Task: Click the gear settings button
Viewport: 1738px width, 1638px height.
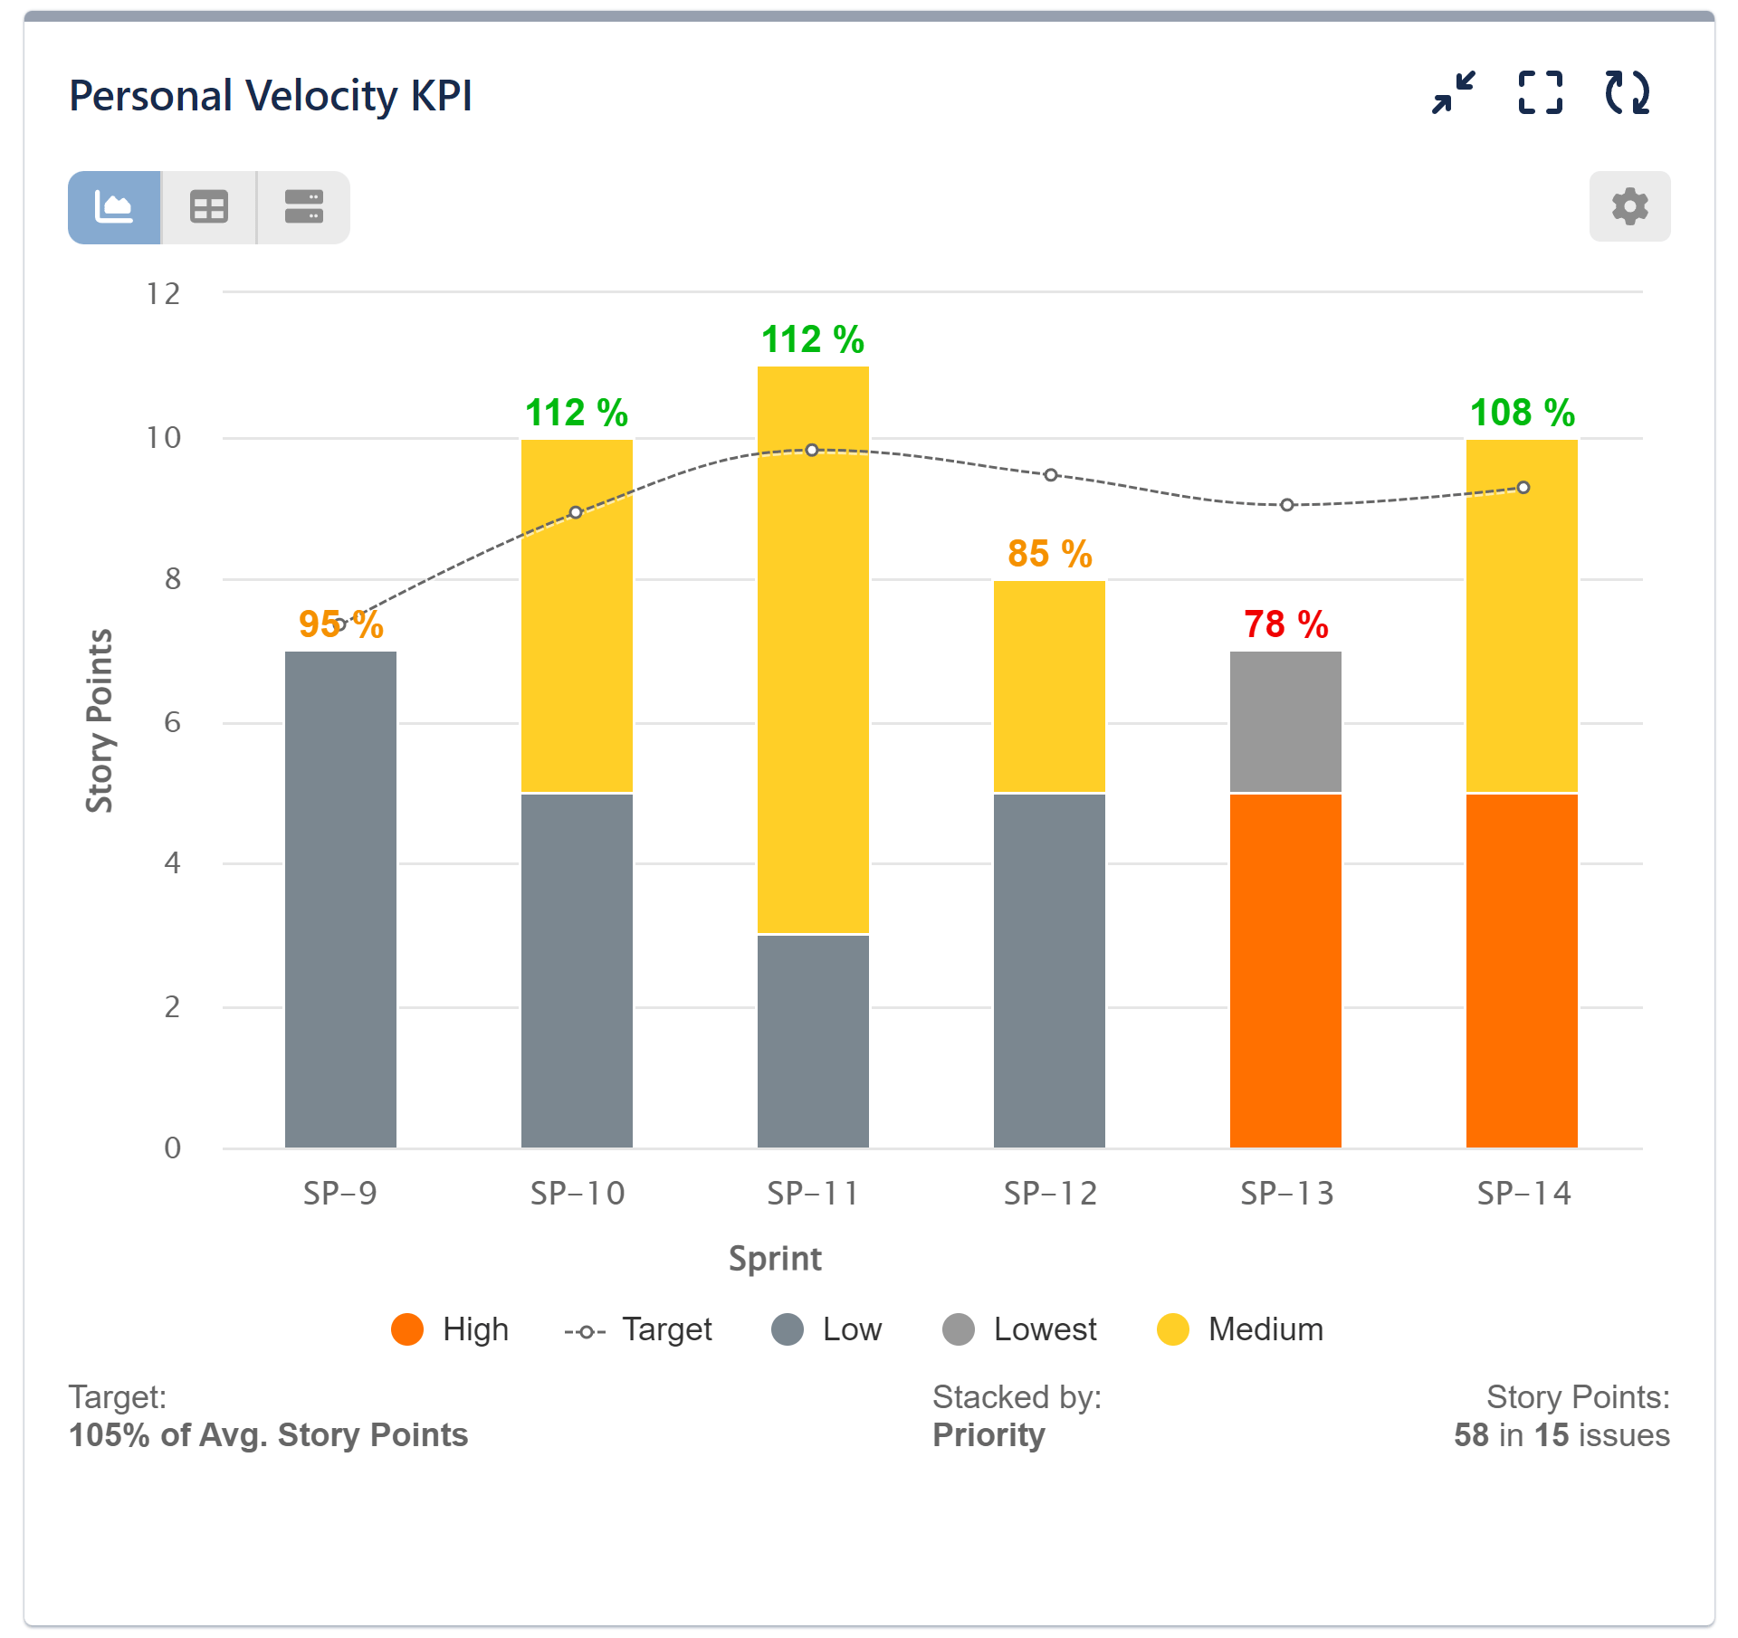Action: point(1629,206)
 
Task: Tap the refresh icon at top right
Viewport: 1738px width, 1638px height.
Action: point(1627,92)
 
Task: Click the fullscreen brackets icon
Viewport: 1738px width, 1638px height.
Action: point(1540,92)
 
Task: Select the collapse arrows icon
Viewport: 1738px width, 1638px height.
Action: point(1454,92)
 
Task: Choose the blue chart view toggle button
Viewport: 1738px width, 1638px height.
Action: point(114,207)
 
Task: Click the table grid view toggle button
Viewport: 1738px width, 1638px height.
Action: point(209,207)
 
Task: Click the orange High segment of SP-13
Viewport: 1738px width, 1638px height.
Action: point(1285,970)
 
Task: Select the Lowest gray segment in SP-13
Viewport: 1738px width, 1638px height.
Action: point(1285,721)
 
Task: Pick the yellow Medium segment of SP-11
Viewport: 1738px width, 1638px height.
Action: point(813,649)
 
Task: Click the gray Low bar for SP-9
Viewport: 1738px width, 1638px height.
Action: point(340,899)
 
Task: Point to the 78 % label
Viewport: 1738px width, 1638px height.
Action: point(1285,624)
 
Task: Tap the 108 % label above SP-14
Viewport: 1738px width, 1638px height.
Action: point(1522,413)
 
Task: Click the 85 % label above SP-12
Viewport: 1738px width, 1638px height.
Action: point(1049,554)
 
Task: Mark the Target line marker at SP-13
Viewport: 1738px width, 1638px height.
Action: point(1287,505)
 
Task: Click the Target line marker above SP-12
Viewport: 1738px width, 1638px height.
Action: point(1050,475)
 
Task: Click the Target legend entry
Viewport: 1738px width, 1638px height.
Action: point(638,1329)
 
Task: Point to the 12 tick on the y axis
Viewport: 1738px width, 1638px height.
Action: point(164,294)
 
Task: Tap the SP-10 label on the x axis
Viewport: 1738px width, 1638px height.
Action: point(578,1194)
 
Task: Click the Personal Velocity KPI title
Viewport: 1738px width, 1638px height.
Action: point(271,96)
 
